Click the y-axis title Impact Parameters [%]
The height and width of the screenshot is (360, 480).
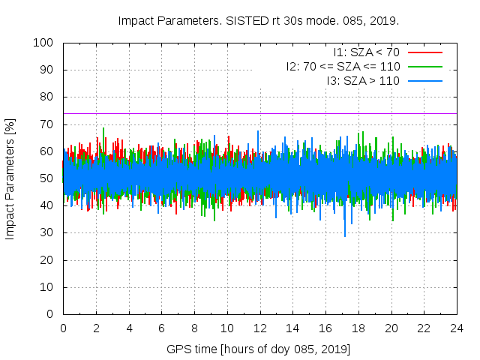pos(10,178)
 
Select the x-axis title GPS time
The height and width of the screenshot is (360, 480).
pos(259,349)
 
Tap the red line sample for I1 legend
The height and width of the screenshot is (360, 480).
pos(424,52)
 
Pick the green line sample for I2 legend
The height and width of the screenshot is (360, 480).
pos(424,66)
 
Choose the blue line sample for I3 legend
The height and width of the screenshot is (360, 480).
pos(424,80)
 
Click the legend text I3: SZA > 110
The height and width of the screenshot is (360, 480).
pos(362,80)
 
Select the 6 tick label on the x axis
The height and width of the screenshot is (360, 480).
pos(162,328)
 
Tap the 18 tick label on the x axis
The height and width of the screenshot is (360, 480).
pos(358,328)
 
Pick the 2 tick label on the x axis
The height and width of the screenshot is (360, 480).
pos(96,328)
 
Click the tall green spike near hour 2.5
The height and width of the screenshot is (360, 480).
pos(103,129)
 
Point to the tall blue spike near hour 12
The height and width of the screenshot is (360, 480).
pos(258,132)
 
